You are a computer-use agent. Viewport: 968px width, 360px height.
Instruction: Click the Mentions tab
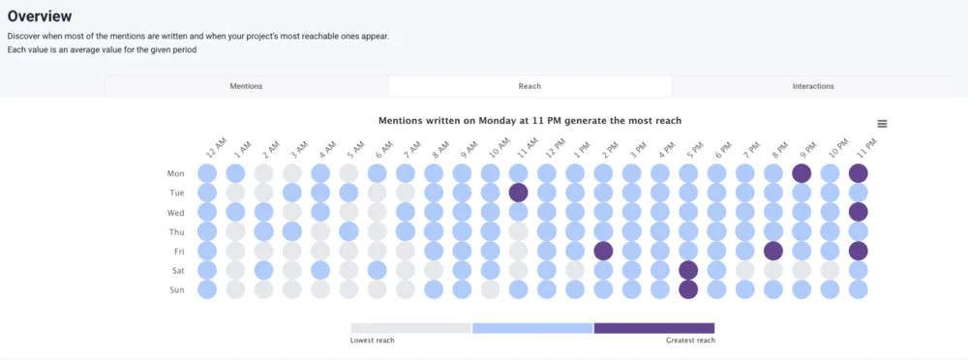point(246,86)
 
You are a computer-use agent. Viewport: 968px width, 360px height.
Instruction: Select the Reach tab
point(529,86)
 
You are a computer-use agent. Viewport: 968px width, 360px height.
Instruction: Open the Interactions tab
point(813,86)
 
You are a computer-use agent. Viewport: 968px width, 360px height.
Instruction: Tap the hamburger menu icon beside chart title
point(882,124)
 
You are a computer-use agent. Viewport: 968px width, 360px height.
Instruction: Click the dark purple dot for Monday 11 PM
point(858,173)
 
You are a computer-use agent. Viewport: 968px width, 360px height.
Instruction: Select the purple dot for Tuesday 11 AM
point(518,193)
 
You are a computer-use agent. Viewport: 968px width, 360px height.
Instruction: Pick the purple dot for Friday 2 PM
point(603,251)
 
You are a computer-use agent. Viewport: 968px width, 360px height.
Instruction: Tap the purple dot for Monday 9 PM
point(802,173)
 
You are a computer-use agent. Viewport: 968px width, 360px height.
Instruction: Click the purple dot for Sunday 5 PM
point(688,289)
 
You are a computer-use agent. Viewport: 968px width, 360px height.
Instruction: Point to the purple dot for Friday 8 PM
point(772,251)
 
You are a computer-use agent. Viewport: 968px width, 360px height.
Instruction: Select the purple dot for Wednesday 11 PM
point(858,212)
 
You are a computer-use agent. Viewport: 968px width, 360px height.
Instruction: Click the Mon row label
point(175,174)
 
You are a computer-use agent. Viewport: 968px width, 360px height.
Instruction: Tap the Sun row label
point(175,289)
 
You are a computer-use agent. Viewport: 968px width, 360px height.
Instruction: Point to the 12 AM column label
point(215,148)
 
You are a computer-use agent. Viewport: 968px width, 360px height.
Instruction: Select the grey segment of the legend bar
point(410,328)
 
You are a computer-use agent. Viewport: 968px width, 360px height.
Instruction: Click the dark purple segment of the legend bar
point(654,328)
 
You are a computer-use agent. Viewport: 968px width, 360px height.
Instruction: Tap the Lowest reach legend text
point(373,341)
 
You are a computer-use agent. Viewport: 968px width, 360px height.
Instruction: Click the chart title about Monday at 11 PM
point(529,121)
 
